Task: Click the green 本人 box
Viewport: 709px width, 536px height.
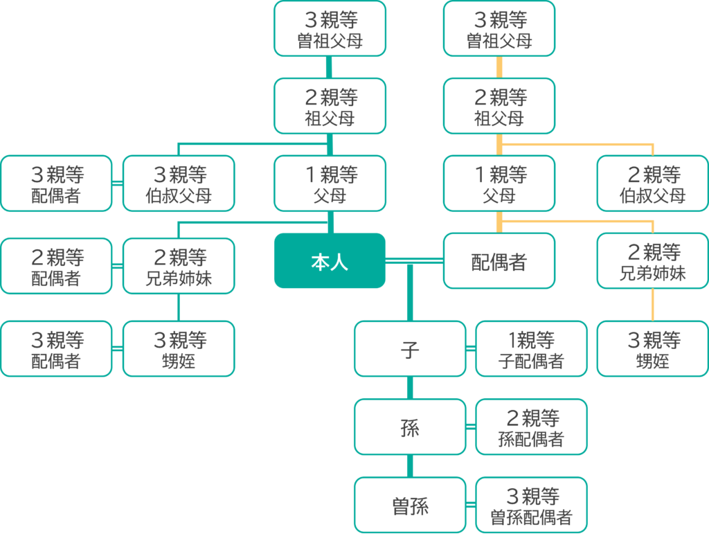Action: pos(330,261)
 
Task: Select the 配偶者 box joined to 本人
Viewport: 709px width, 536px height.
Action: pos(499,261)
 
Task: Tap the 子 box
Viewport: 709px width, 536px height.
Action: pos(410,349)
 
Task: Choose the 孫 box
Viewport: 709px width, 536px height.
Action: pos(410,427)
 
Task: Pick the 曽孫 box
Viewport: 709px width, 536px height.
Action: pos(410,506)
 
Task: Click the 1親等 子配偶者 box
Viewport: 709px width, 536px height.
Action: pos(531,349)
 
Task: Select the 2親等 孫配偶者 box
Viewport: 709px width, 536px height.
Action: pos(531,427)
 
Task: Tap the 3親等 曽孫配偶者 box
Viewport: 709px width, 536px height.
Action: pos(531,506)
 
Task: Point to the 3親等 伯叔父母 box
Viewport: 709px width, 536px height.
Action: pos(179,184)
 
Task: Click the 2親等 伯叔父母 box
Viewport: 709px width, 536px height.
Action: pos(652,184)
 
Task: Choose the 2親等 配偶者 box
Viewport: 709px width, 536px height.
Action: pos(56,267)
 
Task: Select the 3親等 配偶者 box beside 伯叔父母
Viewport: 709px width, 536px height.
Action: pos(56,184)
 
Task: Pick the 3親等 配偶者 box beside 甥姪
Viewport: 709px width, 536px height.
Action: pos(56,349)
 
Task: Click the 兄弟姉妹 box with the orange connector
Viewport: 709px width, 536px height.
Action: pos(652,261)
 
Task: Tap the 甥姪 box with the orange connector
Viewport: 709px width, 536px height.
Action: pos(652,349)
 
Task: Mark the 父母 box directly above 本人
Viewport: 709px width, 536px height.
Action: pos(330,184)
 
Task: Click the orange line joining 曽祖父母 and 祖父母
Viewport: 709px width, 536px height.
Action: pos(499,67)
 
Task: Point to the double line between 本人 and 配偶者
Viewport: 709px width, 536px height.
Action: pos(414,260)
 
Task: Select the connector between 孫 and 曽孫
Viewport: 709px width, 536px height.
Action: pos(410,466)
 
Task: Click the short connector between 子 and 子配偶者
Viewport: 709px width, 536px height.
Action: pos(471,349)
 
